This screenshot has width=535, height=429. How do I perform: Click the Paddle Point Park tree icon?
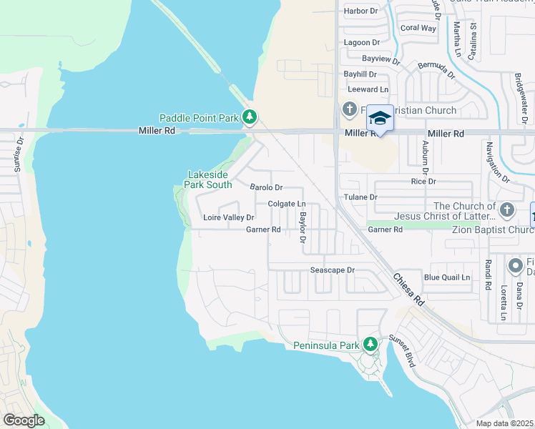pos(250,117)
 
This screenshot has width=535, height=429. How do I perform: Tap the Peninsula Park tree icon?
pos(370,345)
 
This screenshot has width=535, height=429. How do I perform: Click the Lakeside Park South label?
pos(208,179)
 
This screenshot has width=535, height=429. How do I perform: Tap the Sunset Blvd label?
pos(403,350)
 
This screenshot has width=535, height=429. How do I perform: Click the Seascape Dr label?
pos(332,270)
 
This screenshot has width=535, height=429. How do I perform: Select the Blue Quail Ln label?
pos(447,277)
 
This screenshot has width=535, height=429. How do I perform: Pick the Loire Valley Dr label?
pos(228,217)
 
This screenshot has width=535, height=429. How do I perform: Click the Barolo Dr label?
pos(266,187)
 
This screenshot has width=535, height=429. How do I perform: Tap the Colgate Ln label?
pos(287,204)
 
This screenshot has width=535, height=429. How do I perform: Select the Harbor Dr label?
pos(360,11)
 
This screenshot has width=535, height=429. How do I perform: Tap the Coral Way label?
pos(418,29)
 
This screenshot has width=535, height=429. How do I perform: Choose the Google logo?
pos(24,420)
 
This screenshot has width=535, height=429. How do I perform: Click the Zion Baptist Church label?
pos(493,230)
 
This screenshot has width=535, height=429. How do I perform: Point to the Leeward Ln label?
pos(368,89)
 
